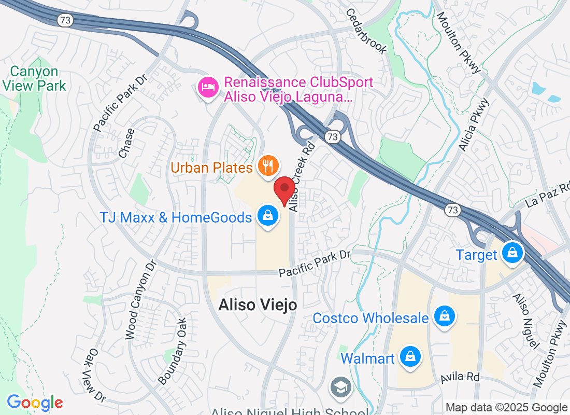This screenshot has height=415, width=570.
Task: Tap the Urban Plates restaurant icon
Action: click(x=268, y=166)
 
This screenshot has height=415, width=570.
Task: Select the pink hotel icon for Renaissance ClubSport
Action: click(x=208, y=86)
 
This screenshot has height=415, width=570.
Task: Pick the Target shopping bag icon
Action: click(x=512, y=254)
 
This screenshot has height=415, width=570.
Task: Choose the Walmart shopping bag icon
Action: click(x=410, y=357)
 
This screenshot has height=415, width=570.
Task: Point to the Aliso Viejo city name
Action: click(x=258, y=305)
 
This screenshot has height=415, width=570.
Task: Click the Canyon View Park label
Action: click(x=35, y=78)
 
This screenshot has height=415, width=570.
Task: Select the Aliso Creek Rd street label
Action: click(x=302, y=177)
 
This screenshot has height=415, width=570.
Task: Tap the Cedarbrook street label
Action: click(x=366, y=31)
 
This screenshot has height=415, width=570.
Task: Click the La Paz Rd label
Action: click(x=547, y=194)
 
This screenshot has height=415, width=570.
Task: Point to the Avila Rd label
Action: click(x=460, y=377)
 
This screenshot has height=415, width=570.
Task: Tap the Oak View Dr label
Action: click(x=94, y=375)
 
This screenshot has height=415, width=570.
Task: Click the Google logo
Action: click(x=35, y=403)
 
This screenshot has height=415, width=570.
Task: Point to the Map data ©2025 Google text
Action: click(x=506, y=408)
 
